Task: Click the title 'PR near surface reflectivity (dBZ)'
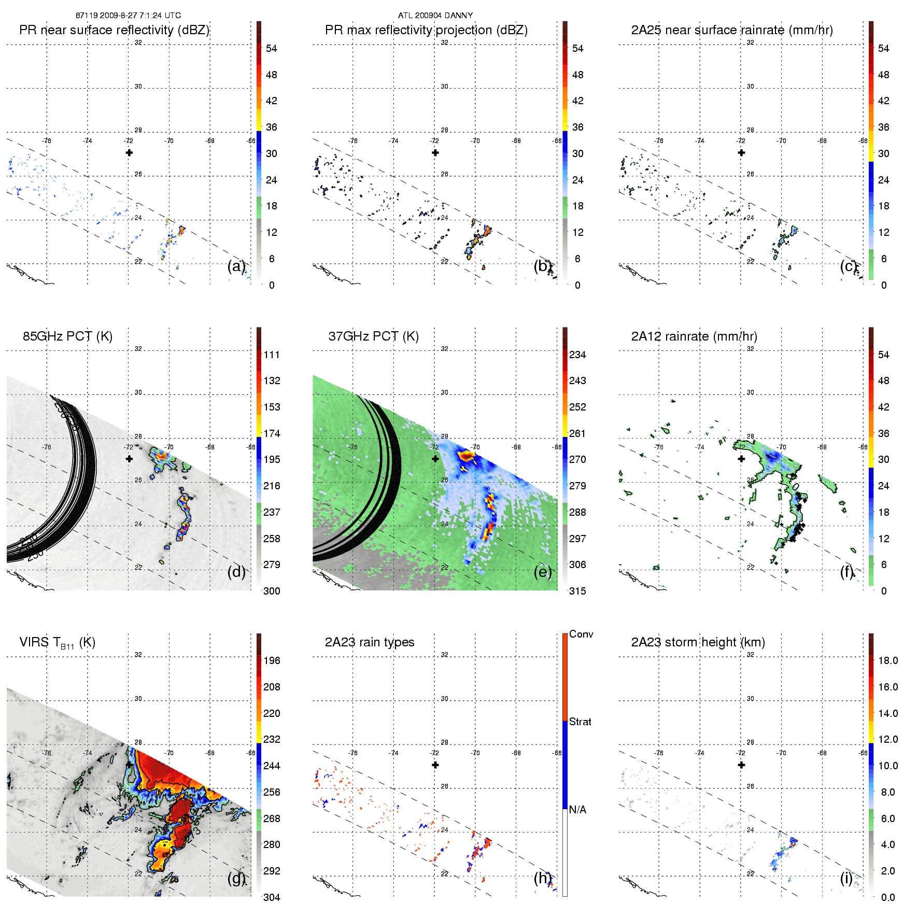114,30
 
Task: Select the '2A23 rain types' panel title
369,642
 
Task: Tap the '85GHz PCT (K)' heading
67,336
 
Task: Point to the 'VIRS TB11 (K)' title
57,643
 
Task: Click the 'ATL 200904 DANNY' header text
435,16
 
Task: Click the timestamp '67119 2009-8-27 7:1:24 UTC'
128,16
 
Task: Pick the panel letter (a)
236,266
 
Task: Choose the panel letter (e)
542,572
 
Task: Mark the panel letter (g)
236,878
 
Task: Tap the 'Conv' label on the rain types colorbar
581,634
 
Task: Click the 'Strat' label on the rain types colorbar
580,722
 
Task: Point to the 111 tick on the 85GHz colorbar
272,355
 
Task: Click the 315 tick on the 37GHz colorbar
577,591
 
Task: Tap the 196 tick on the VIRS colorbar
272,660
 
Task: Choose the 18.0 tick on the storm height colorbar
888,660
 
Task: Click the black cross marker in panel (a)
129,152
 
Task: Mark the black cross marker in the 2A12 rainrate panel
741,459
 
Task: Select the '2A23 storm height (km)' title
698,642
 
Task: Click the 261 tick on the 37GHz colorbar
577,433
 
